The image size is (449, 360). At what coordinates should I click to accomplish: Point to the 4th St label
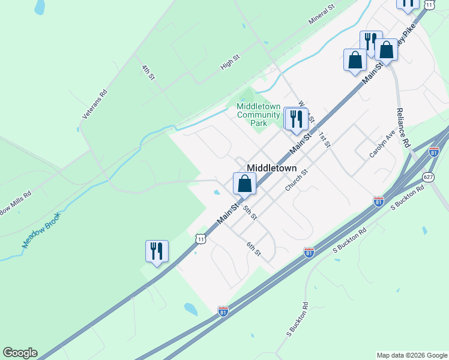148,73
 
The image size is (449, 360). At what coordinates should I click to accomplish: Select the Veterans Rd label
94,104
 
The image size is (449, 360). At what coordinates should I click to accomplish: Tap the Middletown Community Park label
258,115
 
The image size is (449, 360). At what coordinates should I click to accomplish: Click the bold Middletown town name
272,169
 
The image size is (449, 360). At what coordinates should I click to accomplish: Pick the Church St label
297,181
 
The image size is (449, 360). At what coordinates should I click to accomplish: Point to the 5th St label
250,211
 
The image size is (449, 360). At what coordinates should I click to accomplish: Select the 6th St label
254,249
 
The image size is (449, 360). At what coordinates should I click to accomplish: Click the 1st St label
324,139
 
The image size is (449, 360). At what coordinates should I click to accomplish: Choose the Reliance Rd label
402,128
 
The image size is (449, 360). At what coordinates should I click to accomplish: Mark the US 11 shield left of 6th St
200,239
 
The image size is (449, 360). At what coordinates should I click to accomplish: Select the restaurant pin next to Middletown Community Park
296,119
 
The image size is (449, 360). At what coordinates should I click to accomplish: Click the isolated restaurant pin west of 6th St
157,251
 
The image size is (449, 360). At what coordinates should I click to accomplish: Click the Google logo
20,353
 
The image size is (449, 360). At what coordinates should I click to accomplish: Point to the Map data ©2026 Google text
412,355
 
